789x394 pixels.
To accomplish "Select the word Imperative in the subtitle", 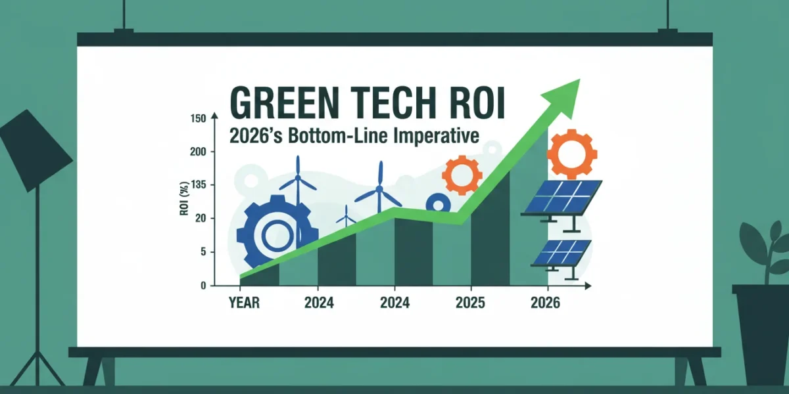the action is pyautogui.click(x=436, y=135).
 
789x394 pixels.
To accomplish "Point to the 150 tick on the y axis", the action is pyautogui.click(x=198, y=119).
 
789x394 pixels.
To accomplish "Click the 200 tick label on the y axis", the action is pyautogui.click(x=198, y=152).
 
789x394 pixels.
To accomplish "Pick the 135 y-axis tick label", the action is pyautogui.click(x=198, y=185).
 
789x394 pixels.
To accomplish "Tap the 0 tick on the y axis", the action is pyautogui.click(x=203, y=286).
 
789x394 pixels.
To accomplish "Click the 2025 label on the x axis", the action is pyautogui.click(x=470, y=303).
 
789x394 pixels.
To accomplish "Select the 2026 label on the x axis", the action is pyautogui.click(x=545, y=303).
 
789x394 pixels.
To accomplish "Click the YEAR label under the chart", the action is pyautogui.click(x=244, y=303).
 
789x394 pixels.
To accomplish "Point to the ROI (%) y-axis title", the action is pyautogui.click(x=184, y=198).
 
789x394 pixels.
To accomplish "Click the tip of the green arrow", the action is pyautogui.click(x=580, y=79).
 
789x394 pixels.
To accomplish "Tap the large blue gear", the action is pyautogui.click(x=277, y=233).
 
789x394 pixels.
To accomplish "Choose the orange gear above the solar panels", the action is pyautogui.click(x=572, y=154).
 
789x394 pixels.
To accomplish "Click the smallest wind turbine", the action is pyautogui.click(x=346, y=217).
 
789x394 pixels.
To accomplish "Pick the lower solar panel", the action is pyautogui.click(x=561, y=257).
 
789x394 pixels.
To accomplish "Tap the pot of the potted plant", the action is pyautogui.click(x=761, y=334).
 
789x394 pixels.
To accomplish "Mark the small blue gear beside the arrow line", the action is pyautogui.click(x=438, y=203).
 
